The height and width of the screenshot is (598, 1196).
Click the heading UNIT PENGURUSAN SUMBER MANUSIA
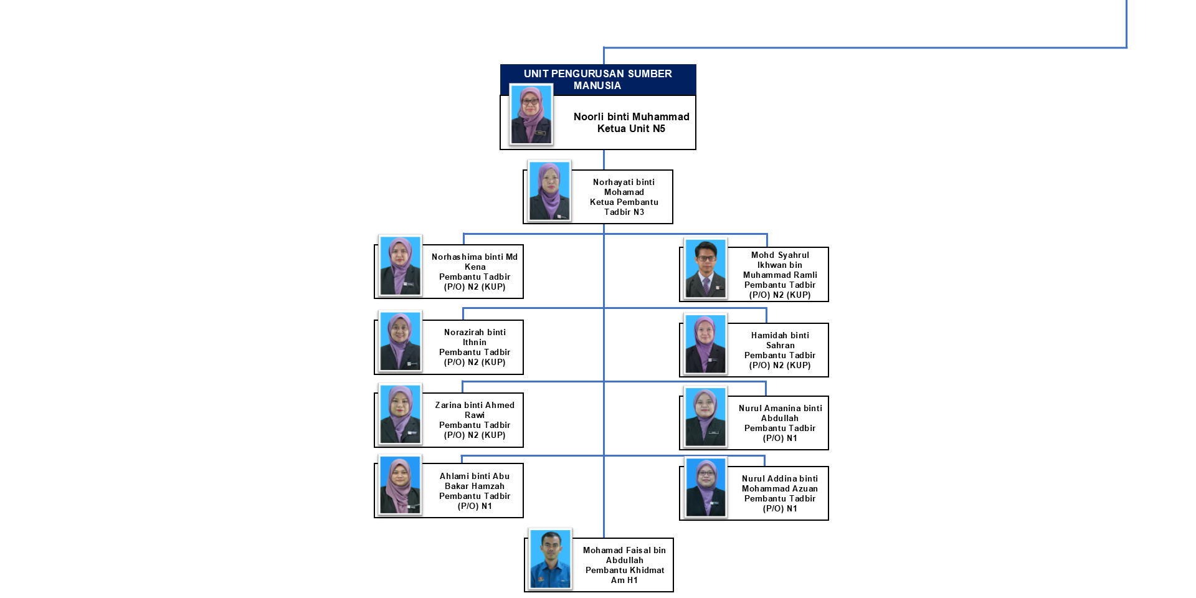[597, 79]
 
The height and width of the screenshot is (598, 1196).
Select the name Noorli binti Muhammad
[631, 116]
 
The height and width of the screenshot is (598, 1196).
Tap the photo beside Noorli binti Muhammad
[531, 115]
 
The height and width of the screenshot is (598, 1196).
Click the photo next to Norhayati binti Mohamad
[549, 191]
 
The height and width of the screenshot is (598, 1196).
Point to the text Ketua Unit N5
[631, 129]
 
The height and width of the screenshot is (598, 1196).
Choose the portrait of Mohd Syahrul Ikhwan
[706, 268]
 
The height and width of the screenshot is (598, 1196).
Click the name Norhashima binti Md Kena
[475, 262]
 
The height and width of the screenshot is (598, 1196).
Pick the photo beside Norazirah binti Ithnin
[400, 341]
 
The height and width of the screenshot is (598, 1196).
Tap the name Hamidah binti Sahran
[780, 340]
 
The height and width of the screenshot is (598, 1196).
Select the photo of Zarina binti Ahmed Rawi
[400, 414]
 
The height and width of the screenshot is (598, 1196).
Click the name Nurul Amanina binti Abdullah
[780, 413]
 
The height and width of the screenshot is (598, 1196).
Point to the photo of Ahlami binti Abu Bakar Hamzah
[400, 485]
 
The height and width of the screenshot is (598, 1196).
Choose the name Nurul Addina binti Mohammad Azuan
[780, 483]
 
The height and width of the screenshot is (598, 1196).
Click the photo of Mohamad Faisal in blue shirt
[550, 559]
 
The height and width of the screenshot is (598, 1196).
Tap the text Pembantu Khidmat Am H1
[624, 575]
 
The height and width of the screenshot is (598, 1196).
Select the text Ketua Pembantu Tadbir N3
[624, 207]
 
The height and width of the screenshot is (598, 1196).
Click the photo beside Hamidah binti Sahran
[706, 344]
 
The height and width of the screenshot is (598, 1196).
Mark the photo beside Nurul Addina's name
[706, 488]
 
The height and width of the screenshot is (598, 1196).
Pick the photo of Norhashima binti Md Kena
[400, 266]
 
